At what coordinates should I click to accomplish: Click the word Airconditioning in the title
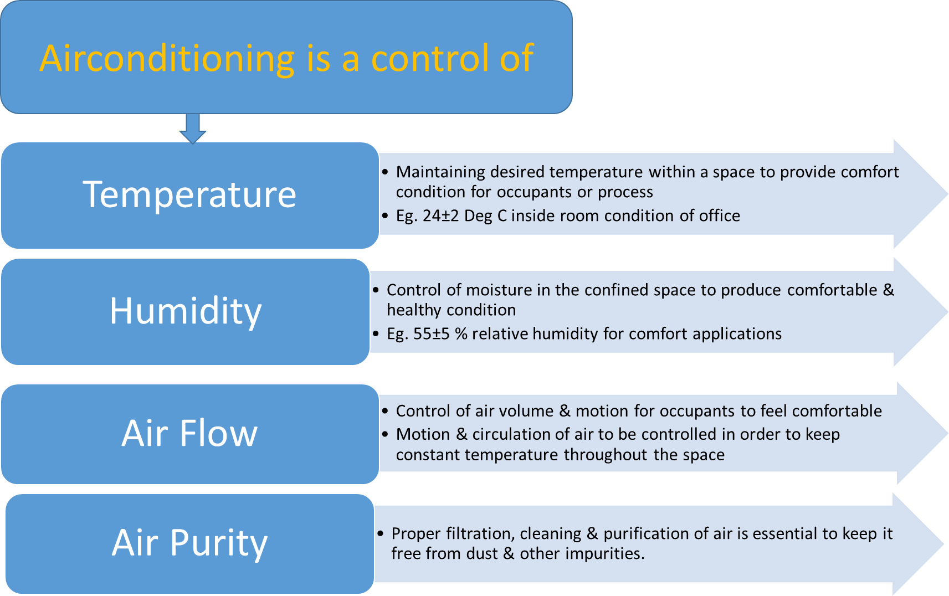[x=167, y=59]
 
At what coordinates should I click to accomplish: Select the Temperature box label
[x=189, y=194]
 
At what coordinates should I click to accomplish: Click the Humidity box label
[x=185, y=311]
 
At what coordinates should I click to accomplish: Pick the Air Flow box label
[x=189, y=433]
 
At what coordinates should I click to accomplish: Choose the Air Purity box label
[x=189, y=542]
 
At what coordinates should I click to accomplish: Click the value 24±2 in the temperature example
[x=441, y=215]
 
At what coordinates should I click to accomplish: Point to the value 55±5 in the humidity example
[x=432, y=333]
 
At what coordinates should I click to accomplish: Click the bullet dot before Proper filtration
[x=381, y=533]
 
